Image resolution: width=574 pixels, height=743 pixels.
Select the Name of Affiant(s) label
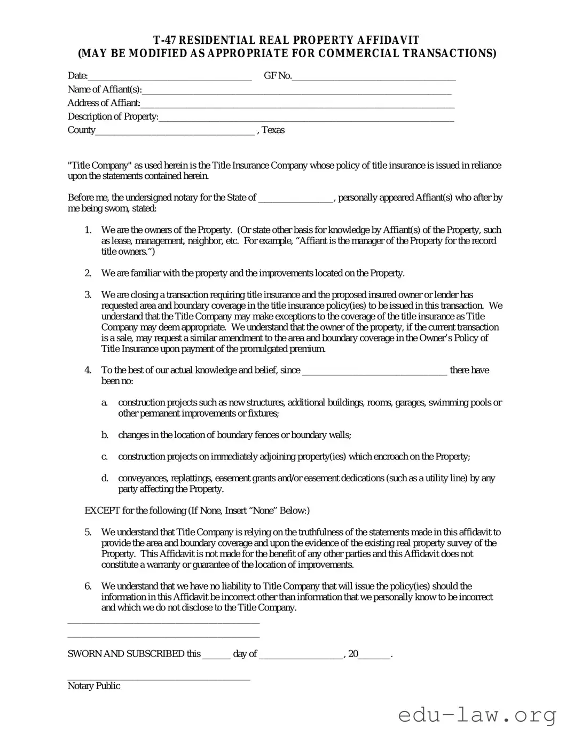coord(105,90)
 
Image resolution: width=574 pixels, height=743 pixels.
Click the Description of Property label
coord(113,117)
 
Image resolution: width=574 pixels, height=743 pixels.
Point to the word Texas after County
coord(273,130)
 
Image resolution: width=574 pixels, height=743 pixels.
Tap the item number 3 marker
coord(88,295)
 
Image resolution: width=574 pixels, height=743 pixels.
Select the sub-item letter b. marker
coord(105,435)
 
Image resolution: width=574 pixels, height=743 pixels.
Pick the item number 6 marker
coord(88,586)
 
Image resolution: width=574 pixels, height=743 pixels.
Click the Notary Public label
coord(94,686)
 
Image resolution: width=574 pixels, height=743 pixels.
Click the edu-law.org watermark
coord(477,715)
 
